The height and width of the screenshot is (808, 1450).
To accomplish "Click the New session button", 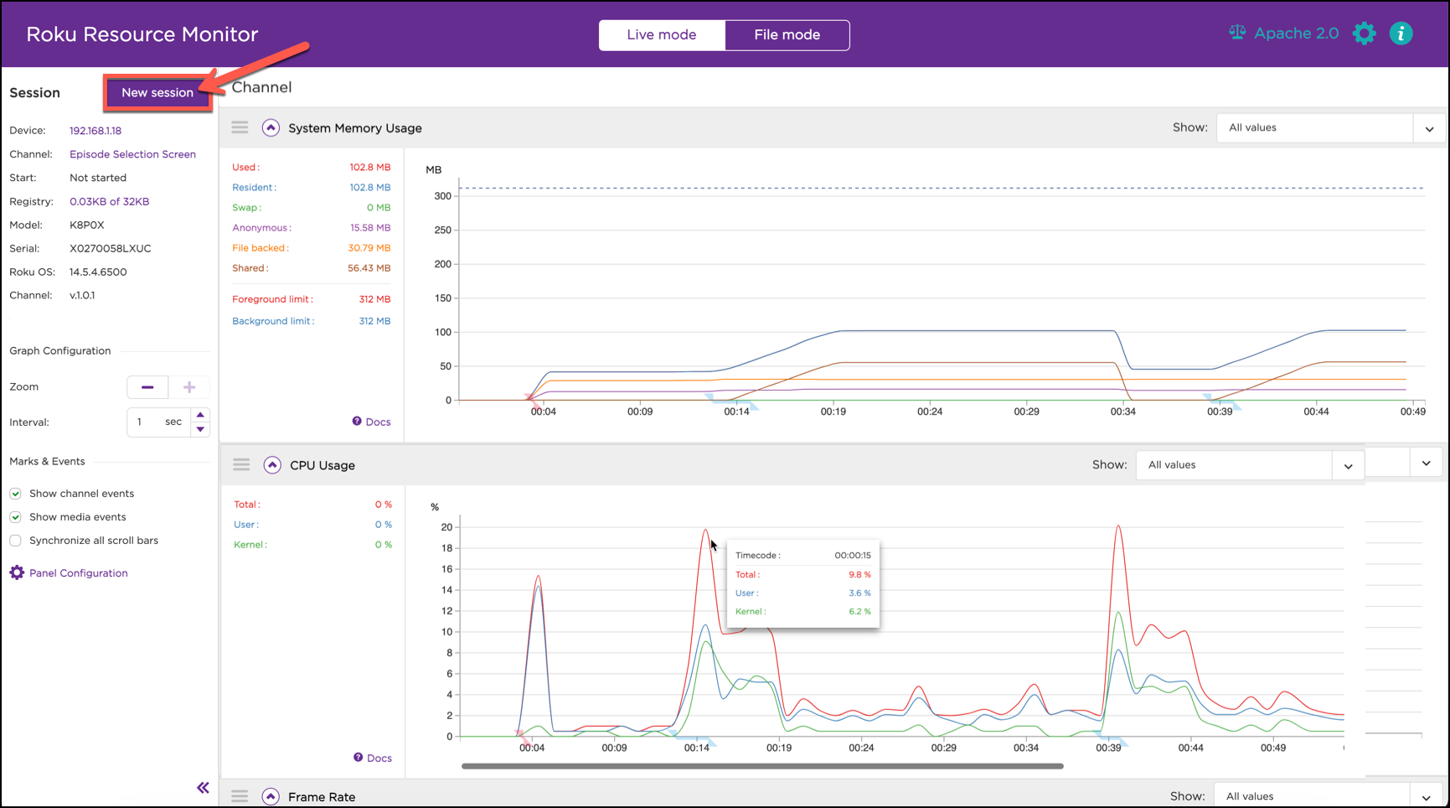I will tap(157, 92).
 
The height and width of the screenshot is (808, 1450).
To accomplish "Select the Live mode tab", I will tap(661, 34).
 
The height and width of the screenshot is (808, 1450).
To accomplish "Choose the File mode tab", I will tap(787, 34).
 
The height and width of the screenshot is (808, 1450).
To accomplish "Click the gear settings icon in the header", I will tap(1364, 34).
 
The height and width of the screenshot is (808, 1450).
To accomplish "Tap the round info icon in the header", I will tap(1401, 34).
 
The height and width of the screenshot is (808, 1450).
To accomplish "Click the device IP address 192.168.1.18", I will tap(95, 131).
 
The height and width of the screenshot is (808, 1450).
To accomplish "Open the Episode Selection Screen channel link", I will tap(132, 154).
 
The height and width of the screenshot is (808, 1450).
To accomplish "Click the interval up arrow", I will tap(200, 415).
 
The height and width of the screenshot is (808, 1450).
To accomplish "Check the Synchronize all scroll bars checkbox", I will tap(15, 541).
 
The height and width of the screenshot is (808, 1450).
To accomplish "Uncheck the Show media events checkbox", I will tap(15, 517).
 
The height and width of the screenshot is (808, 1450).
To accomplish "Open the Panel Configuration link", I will tap(78, 573).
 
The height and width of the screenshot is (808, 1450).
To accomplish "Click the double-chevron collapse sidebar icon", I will tap(203, 787).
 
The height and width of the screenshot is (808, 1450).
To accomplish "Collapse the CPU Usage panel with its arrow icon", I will tap(272, 465).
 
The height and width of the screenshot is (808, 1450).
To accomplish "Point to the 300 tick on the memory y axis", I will tap(443, 196).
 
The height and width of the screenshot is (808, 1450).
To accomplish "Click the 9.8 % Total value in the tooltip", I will tap(859, 575).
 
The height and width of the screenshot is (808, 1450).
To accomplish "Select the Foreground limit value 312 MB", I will tap(374, 299).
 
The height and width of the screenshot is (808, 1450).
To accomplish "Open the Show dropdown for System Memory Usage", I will tap(1330, 128).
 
